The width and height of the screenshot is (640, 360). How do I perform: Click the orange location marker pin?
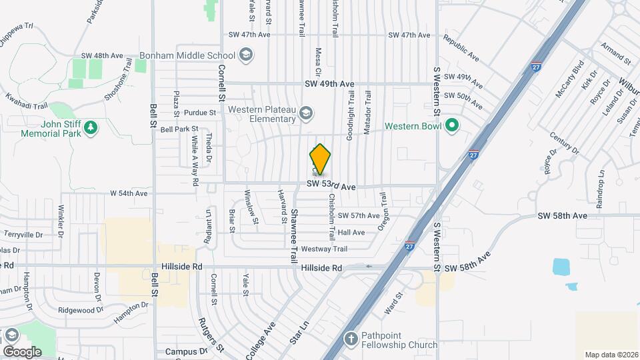321,159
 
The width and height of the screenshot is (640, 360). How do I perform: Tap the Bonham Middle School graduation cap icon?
245,55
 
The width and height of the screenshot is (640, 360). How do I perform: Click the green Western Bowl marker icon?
451,126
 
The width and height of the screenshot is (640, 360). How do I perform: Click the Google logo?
22,351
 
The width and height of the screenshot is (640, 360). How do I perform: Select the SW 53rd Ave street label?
331,187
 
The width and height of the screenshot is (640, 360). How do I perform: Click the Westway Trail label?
325,249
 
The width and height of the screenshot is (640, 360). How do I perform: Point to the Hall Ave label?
351,233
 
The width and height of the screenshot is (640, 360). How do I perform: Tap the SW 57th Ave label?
358,215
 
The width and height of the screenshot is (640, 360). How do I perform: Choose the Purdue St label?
201,113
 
